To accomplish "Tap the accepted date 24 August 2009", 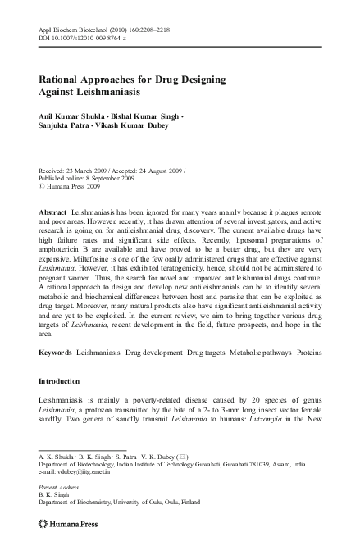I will tap(161, 170).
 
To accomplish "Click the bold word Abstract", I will tap(52, 212).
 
